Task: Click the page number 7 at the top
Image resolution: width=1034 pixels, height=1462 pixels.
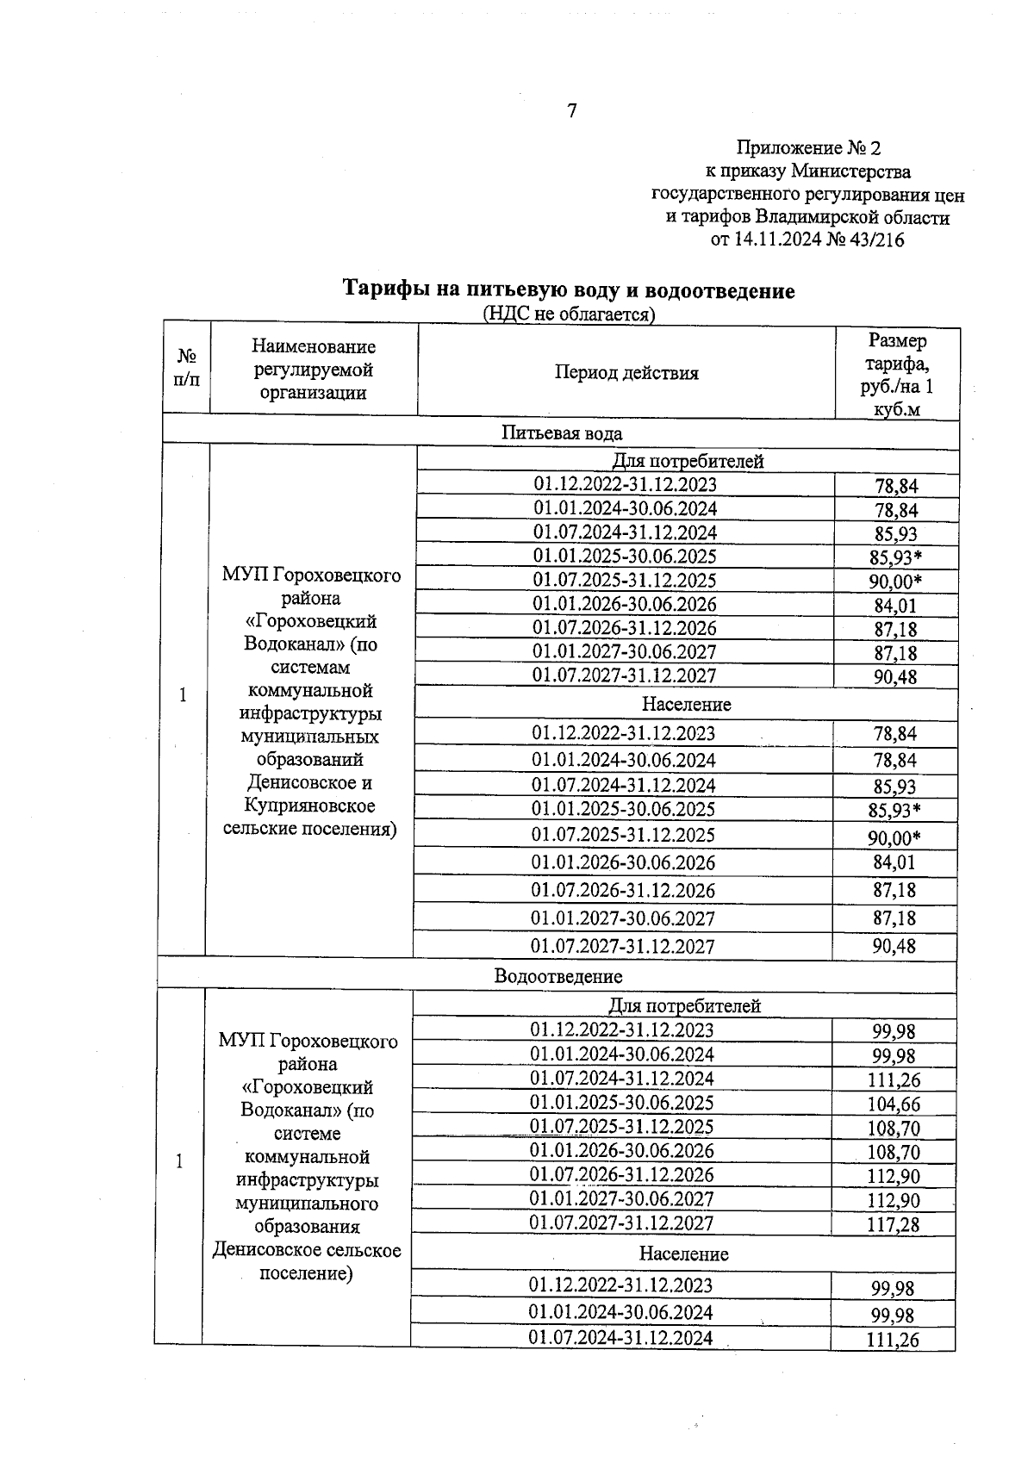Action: coord(571,111)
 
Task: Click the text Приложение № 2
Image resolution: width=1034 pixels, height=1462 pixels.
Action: coord(808,148)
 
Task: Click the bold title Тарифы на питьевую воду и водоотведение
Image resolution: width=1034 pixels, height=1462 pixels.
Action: coord(569,289)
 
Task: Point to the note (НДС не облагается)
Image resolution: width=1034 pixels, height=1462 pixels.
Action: coord(569,314)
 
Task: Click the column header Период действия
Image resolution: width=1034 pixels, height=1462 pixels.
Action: coord(626,373)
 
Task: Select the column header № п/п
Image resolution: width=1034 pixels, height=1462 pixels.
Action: coord(186,368)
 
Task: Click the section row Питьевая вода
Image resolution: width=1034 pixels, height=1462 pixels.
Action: coord(562,433)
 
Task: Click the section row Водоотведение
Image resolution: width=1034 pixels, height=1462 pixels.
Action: coord(557,976)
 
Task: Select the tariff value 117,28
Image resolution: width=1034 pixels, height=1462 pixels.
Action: coord(893,1225)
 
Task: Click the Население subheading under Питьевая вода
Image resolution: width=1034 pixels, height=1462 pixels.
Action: coord(686,705)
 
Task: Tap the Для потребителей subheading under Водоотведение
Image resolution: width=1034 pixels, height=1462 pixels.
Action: coord(684,1005)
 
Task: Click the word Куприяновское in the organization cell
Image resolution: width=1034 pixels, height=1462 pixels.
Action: coord(309,806)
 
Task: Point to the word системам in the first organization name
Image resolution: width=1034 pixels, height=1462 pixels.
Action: coord(310,668)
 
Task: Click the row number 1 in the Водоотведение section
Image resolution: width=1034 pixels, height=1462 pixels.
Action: coord(179,1161)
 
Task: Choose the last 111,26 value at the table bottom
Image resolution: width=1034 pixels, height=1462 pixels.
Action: coord(893,1340)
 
